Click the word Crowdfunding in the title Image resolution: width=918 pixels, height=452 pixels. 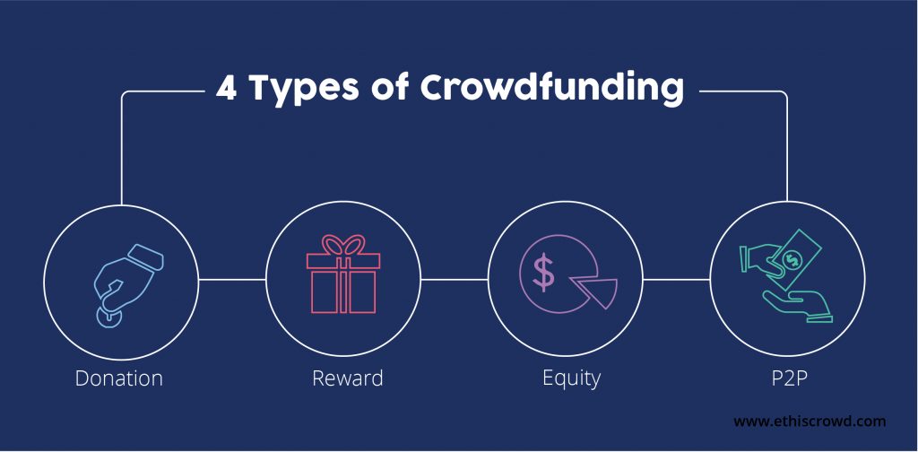552,90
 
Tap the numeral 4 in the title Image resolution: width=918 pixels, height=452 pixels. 226,89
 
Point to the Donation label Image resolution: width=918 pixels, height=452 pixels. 119,378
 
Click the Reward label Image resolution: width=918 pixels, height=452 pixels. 347,378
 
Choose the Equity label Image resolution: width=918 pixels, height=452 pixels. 571,379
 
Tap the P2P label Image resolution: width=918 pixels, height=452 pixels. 790,378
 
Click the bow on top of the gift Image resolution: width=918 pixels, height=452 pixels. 344,244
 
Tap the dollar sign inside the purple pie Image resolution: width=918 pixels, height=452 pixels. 544,273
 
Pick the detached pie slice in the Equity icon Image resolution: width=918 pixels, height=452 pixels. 595,291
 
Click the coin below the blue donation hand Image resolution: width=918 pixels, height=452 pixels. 109,317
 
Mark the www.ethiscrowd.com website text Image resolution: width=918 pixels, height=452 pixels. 810,421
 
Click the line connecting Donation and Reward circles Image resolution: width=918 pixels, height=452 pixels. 232,279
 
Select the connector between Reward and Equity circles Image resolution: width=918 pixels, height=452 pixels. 455,279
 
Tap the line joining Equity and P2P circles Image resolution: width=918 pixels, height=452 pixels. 676,279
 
